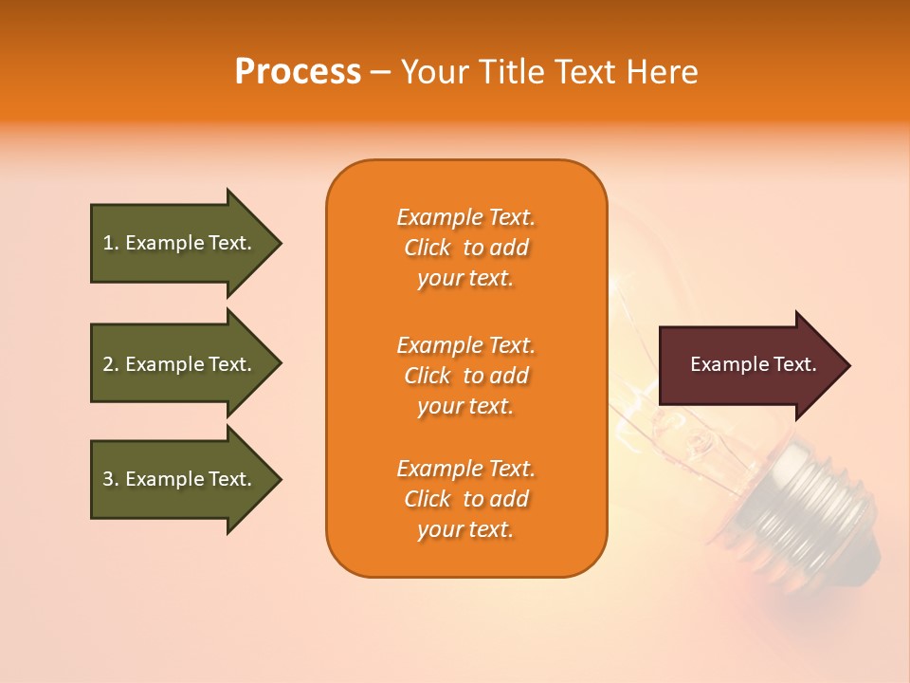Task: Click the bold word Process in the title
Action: (298, 72)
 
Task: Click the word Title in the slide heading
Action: (504, 72)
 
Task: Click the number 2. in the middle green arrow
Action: (111, 364)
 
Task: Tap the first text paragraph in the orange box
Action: (465, 248)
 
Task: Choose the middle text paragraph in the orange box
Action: (465, 376)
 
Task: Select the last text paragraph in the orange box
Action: (465, 499)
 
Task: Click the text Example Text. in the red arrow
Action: (753, 364)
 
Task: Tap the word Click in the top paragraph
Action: (428, 248)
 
